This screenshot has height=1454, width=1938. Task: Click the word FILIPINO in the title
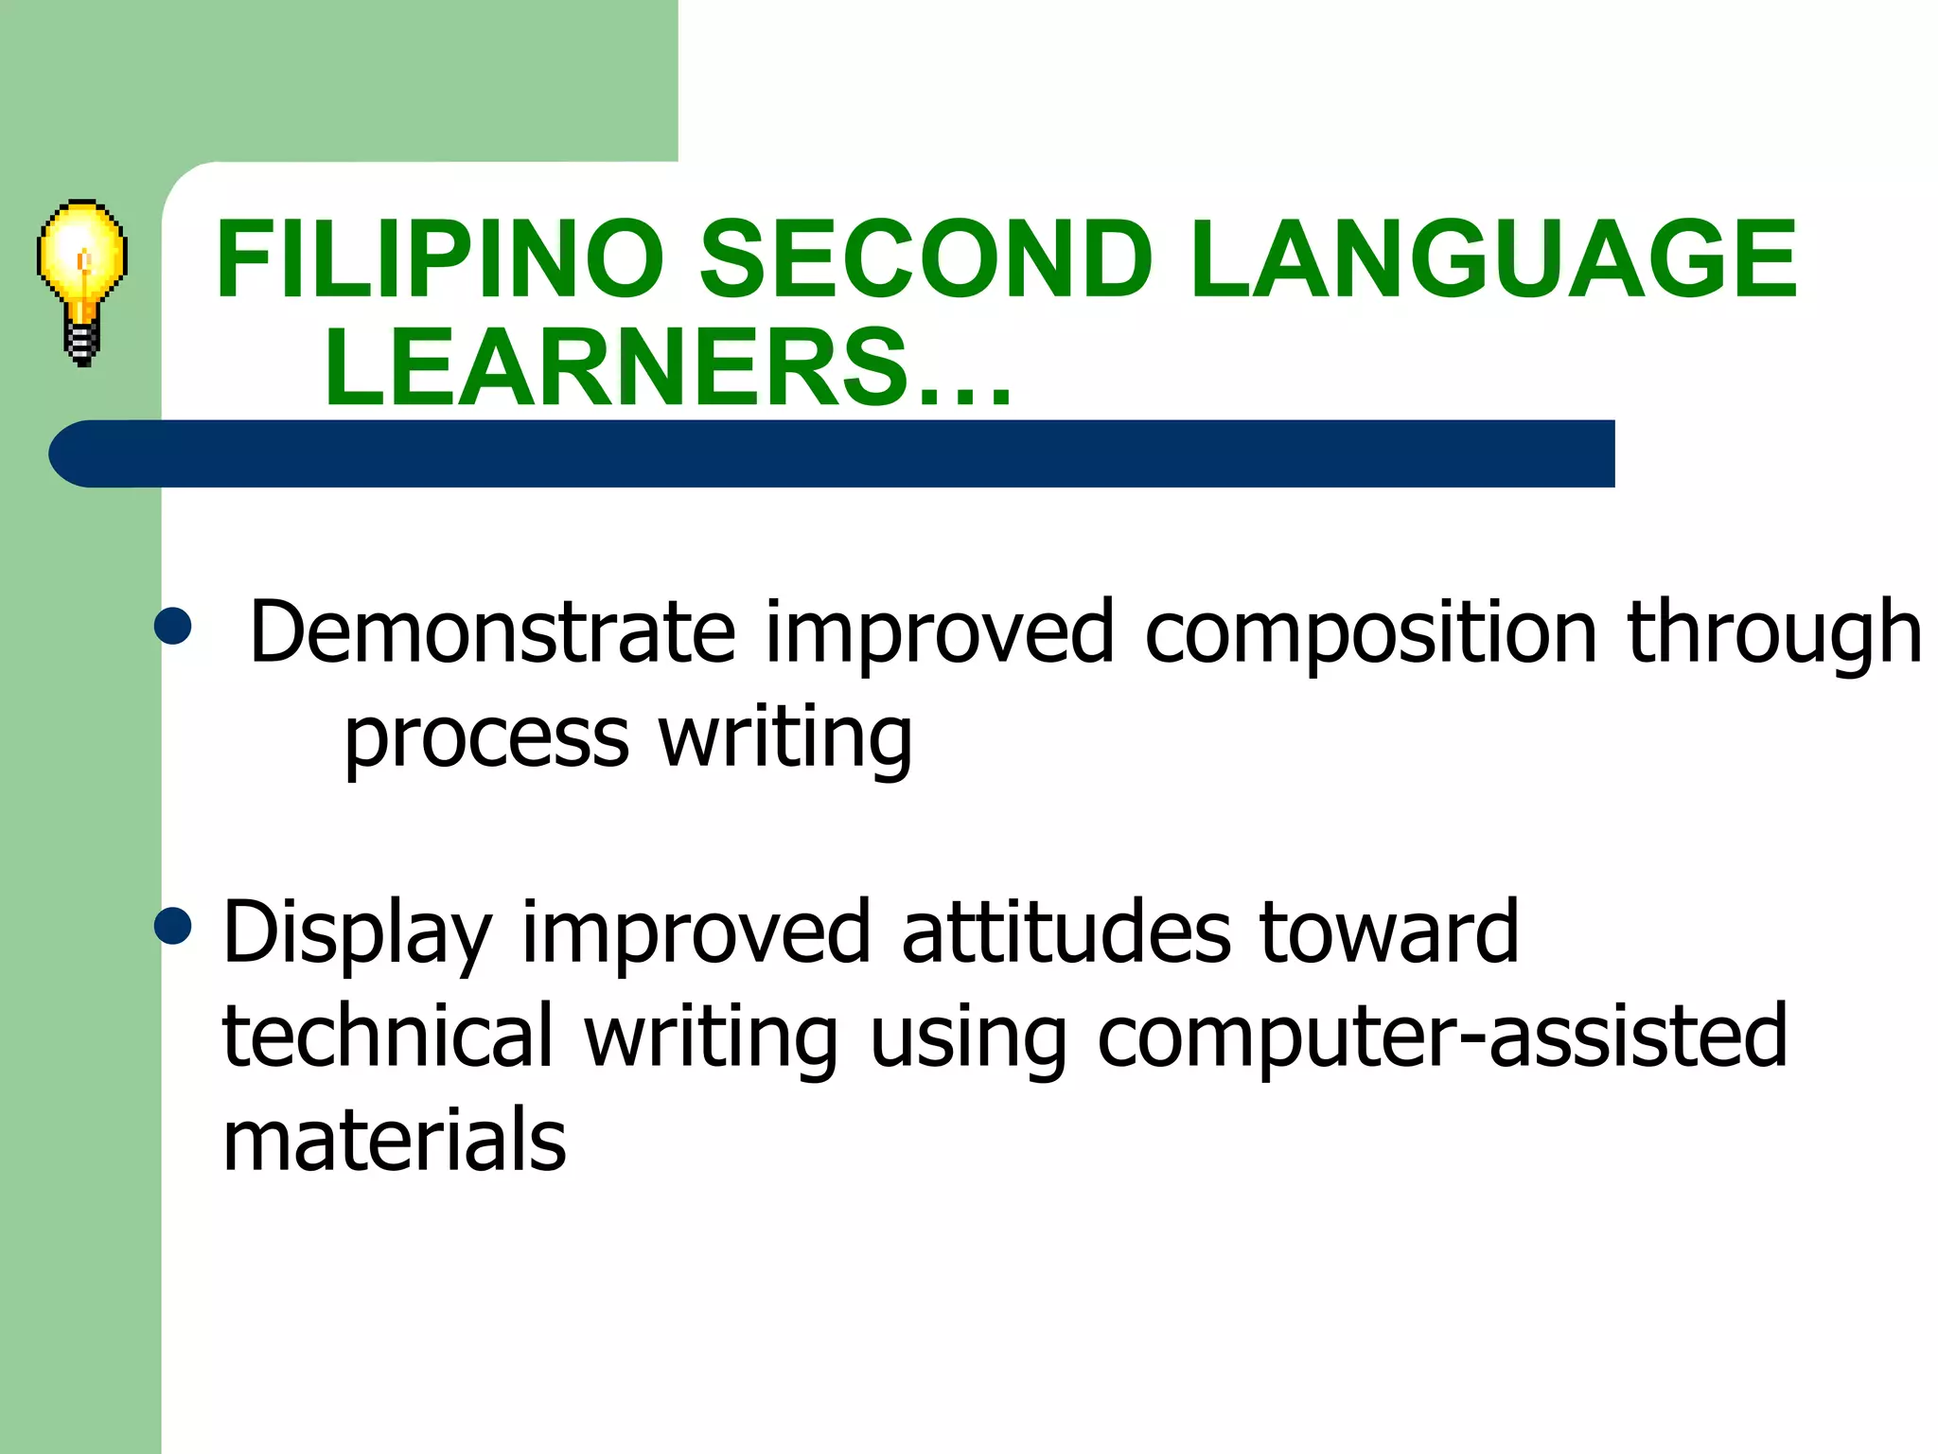440,259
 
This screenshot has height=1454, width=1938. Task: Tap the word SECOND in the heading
925,259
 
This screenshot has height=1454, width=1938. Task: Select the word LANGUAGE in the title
1493,259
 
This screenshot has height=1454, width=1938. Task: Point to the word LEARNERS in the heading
615,367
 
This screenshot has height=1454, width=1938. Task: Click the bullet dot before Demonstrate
173,626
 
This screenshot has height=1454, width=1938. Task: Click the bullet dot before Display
173,926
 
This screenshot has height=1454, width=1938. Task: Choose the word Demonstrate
492,632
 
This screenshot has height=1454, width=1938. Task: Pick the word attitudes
1066,932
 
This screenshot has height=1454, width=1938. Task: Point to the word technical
387,1036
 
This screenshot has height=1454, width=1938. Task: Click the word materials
394,1140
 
